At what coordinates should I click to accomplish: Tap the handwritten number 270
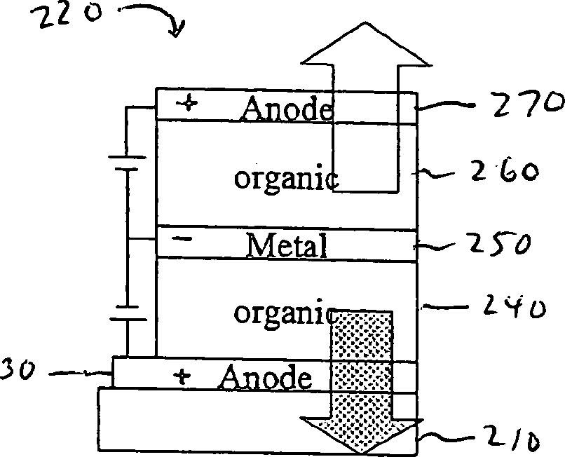coord(517,104)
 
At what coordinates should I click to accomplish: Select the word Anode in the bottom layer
coord(265,378)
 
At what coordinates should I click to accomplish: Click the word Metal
coord(287,245)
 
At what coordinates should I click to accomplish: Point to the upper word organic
coord(285,178)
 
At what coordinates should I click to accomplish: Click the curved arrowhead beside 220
coord(177,29)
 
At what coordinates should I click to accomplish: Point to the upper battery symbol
coord(127,163)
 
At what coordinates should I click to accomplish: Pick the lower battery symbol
coord(127,313)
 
